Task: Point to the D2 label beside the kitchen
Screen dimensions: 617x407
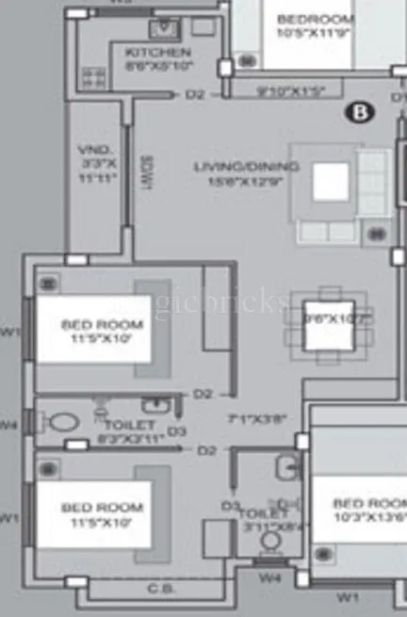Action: [x=195, y=94]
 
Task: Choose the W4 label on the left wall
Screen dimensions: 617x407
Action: [x=8, y=424]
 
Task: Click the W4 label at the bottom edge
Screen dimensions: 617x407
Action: [x=270, y=576]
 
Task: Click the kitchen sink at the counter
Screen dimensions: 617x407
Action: [x=164, y=26]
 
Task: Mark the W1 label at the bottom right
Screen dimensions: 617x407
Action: [x=348, y=596]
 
